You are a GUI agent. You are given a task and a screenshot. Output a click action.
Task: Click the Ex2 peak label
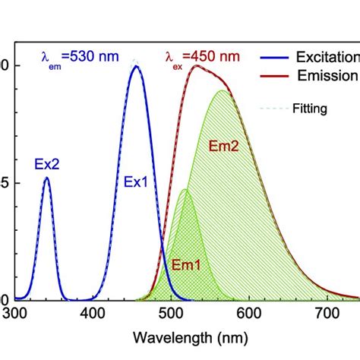pos(46,163)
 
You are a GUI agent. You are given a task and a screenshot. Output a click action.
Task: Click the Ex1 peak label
pos(137,182)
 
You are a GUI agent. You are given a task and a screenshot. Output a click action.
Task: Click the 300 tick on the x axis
pos(14,311)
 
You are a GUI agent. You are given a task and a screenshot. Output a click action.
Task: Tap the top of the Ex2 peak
pos(47,178)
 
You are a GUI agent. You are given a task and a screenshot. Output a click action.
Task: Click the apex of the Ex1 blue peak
pos(136,66)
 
